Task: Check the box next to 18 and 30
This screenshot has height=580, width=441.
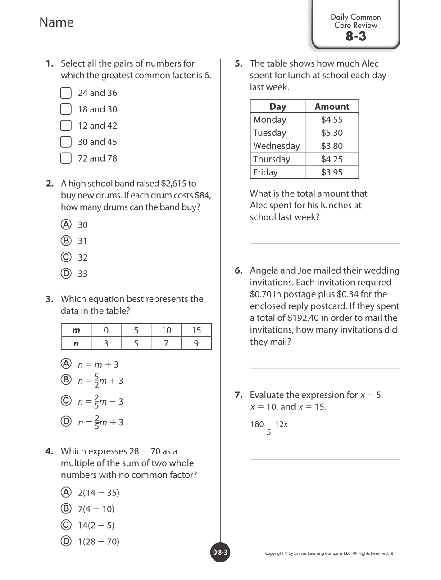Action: coord(66,109)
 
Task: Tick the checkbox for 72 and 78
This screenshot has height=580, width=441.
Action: coord(66,158)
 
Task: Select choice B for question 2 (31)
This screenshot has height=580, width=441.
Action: coord(66,241)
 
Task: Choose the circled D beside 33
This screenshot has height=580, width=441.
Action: coord(66,274)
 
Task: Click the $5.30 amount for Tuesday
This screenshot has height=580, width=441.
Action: coord(332,133)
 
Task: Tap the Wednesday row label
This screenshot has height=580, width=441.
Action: coord(277,146)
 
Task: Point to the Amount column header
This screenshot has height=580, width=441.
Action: coord(332,107)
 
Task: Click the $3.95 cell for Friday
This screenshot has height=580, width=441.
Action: coord(332,172)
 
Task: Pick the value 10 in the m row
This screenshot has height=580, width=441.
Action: coord(166,330)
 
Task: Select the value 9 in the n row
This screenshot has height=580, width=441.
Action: coord(196,343)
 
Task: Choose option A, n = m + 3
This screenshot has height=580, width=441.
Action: coord(66,364)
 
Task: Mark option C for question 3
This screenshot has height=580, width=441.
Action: coord(66,400)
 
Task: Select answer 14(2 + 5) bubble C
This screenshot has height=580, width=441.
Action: coord(66,525)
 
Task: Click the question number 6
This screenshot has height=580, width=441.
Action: coord(238,270)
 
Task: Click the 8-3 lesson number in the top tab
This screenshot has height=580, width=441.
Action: coord(356,36)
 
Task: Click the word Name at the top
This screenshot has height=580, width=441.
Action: coord(56,22)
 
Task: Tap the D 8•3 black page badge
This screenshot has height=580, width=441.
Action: coord(220,553)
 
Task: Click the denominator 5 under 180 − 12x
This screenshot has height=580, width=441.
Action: coord(269,433)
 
